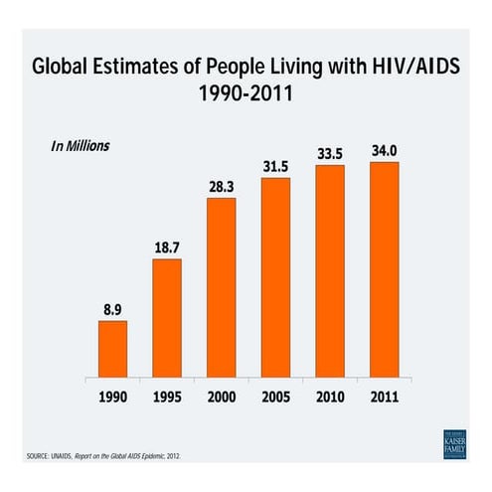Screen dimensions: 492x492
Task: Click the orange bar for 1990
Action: tap(112, 349)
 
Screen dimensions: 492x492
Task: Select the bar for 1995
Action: tap(167, 318)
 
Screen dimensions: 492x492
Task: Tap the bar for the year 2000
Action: tap(222, 287)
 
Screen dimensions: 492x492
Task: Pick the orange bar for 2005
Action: tap(275, 277)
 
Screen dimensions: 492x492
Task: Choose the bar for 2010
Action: tap(330, 271)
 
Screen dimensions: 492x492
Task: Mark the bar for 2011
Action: tap(384, 269)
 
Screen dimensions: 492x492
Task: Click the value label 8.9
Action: tap(112, 309)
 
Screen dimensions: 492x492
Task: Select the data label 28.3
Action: tap(222, 187)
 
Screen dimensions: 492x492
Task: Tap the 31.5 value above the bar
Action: tap(275, 166)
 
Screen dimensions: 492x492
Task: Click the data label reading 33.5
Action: tap(330, 154)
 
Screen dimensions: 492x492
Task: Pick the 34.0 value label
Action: tap(384, 151)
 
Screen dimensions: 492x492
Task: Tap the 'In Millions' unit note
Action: tap(81, 145)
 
